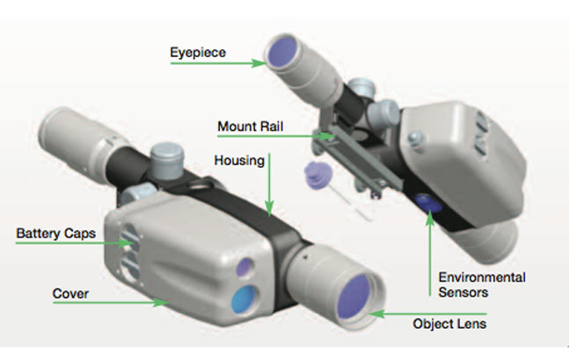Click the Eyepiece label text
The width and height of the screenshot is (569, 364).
pyautogui.click(x=199, y=54)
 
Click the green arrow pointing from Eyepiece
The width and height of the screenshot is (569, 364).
pyautogui.click(x=252, y=62)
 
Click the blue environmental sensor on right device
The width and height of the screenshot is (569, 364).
pyautogui.click(x=428, y=203)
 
